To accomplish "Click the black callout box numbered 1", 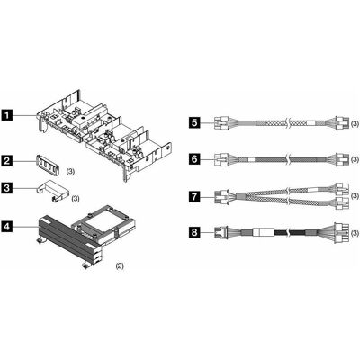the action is point(6,115).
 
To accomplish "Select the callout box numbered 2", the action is point(6,161).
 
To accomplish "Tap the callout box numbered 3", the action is point(6,188).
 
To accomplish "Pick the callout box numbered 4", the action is point(6,227).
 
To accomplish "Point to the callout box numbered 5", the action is point(194,123).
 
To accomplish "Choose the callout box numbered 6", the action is point(194,158).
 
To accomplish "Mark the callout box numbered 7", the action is point(194,197).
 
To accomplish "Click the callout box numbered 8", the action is point(194,233).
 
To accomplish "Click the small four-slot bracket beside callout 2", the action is point(48,164).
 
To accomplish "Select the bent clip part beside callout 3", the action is point(52,190).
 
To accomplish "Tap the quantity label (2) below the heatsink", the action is point(120,265).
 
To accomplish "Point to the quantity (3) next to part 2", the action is point(70,172).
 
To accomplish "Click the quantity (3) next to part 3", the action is point(76,199).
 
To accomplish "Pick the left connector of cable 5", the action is point(221,123).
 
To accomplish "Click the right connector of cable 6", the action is point(342,158).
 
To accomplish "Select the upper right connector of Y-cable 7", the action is point(342,189).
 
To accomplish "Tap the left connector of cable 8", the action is point(221,233).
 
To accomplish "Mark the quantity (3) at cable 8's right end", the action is point(355,233).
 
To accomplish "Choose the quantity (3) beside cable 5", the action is point(355,123).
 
